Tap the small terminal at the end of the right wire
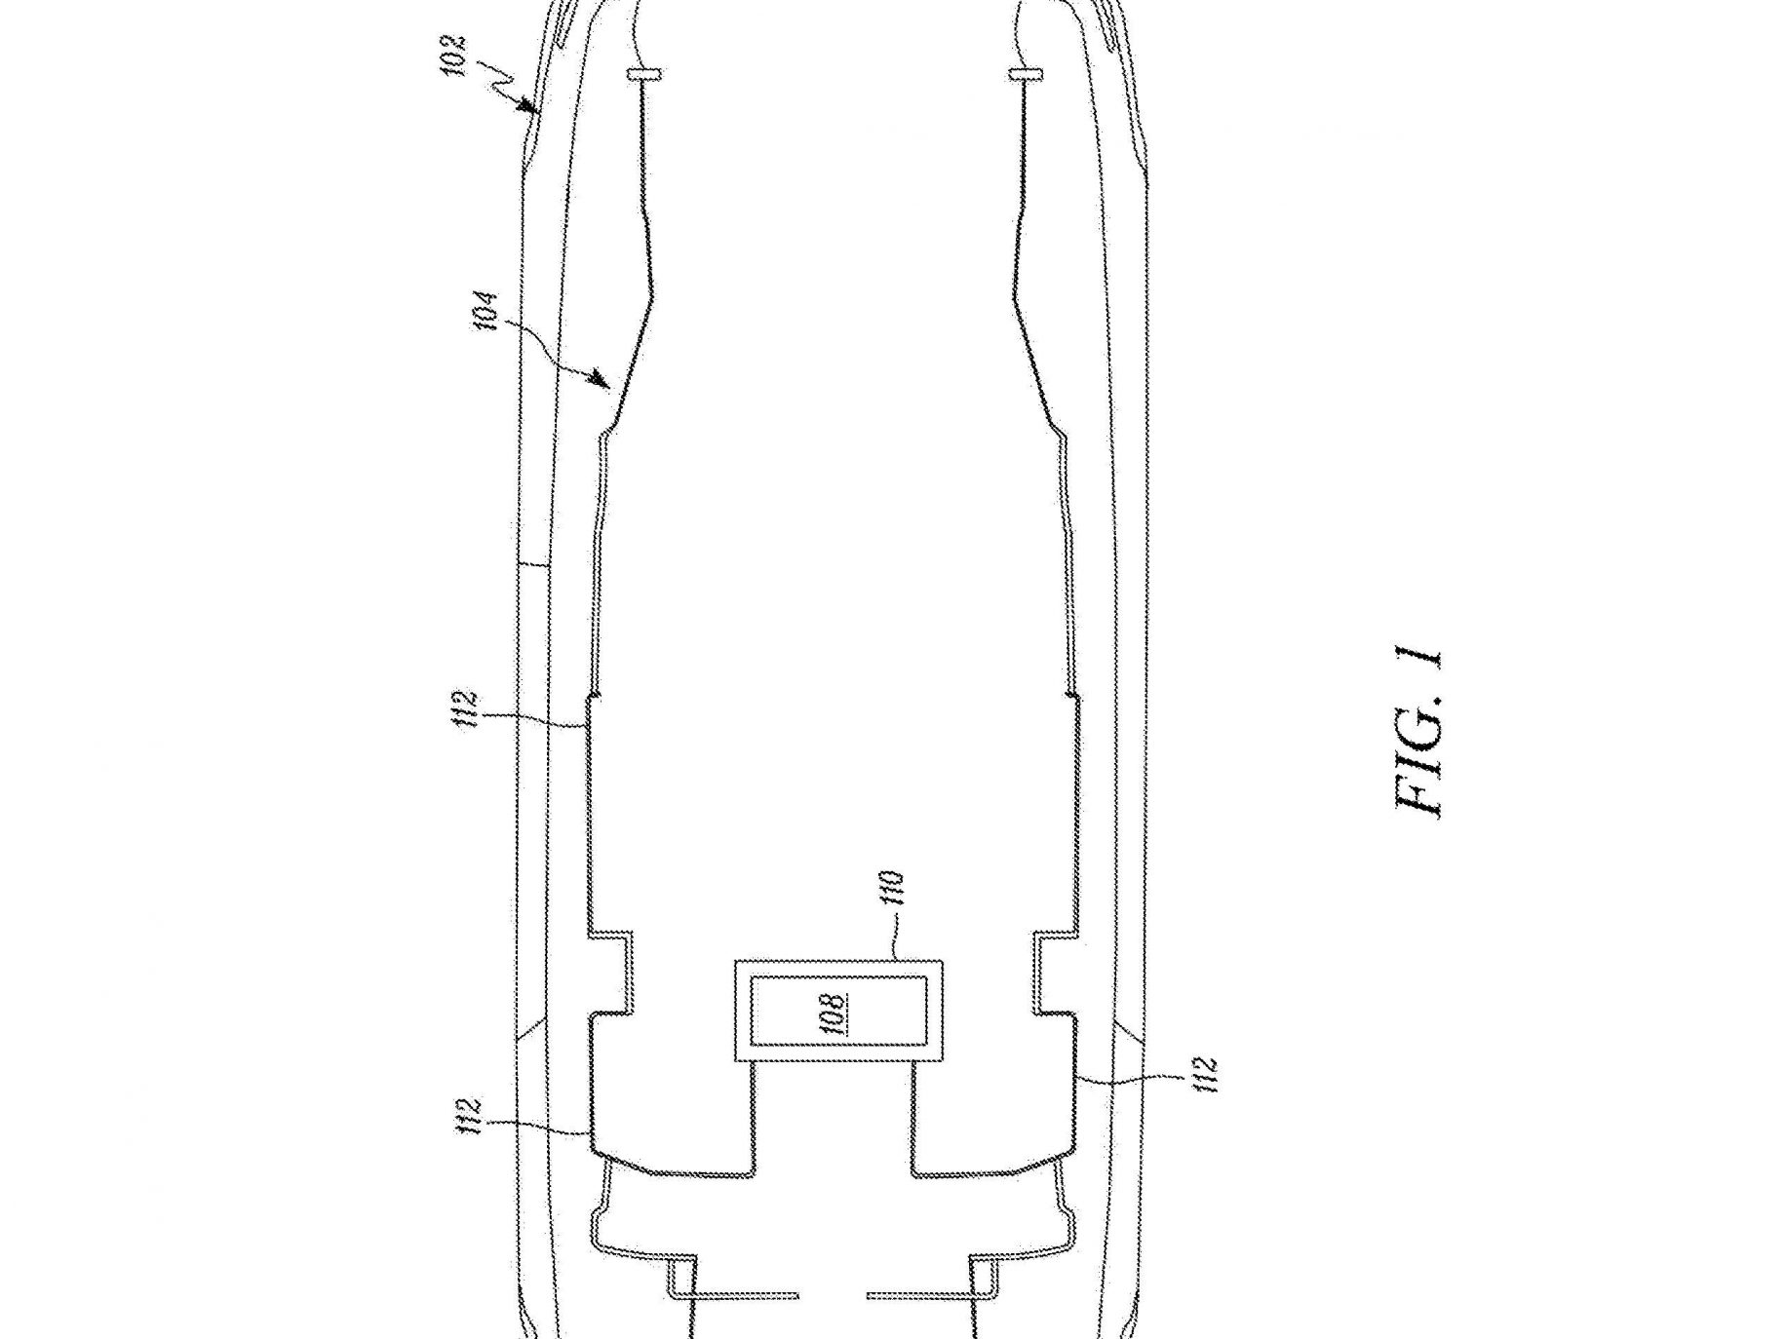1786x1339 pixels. click(1027, 73)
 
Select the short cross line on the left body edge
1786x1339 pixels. click(532, 564)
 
